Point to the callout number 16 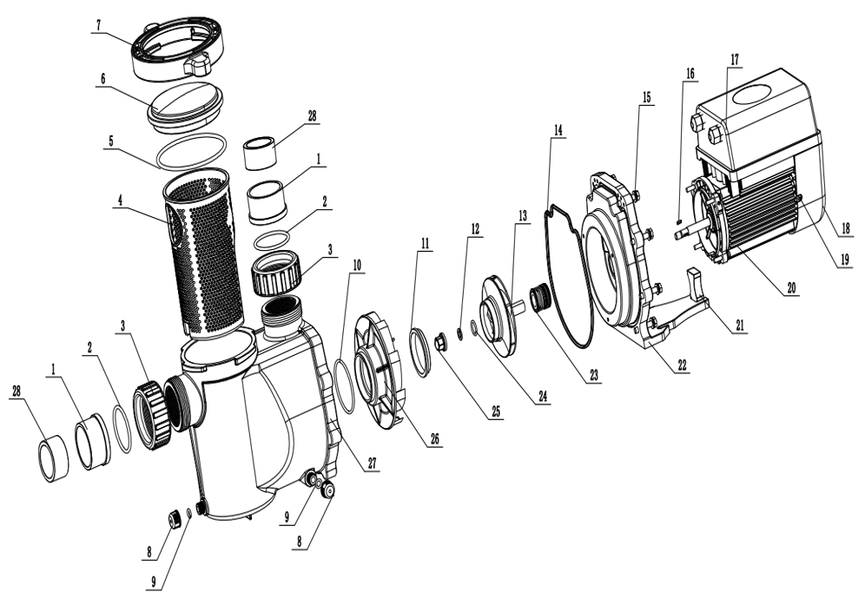(x=690, y=75)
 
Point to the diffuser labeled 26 (x=381, y=364)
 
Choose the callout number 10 (x=357, y=263)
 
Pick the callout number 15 (x=646, y=97)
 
